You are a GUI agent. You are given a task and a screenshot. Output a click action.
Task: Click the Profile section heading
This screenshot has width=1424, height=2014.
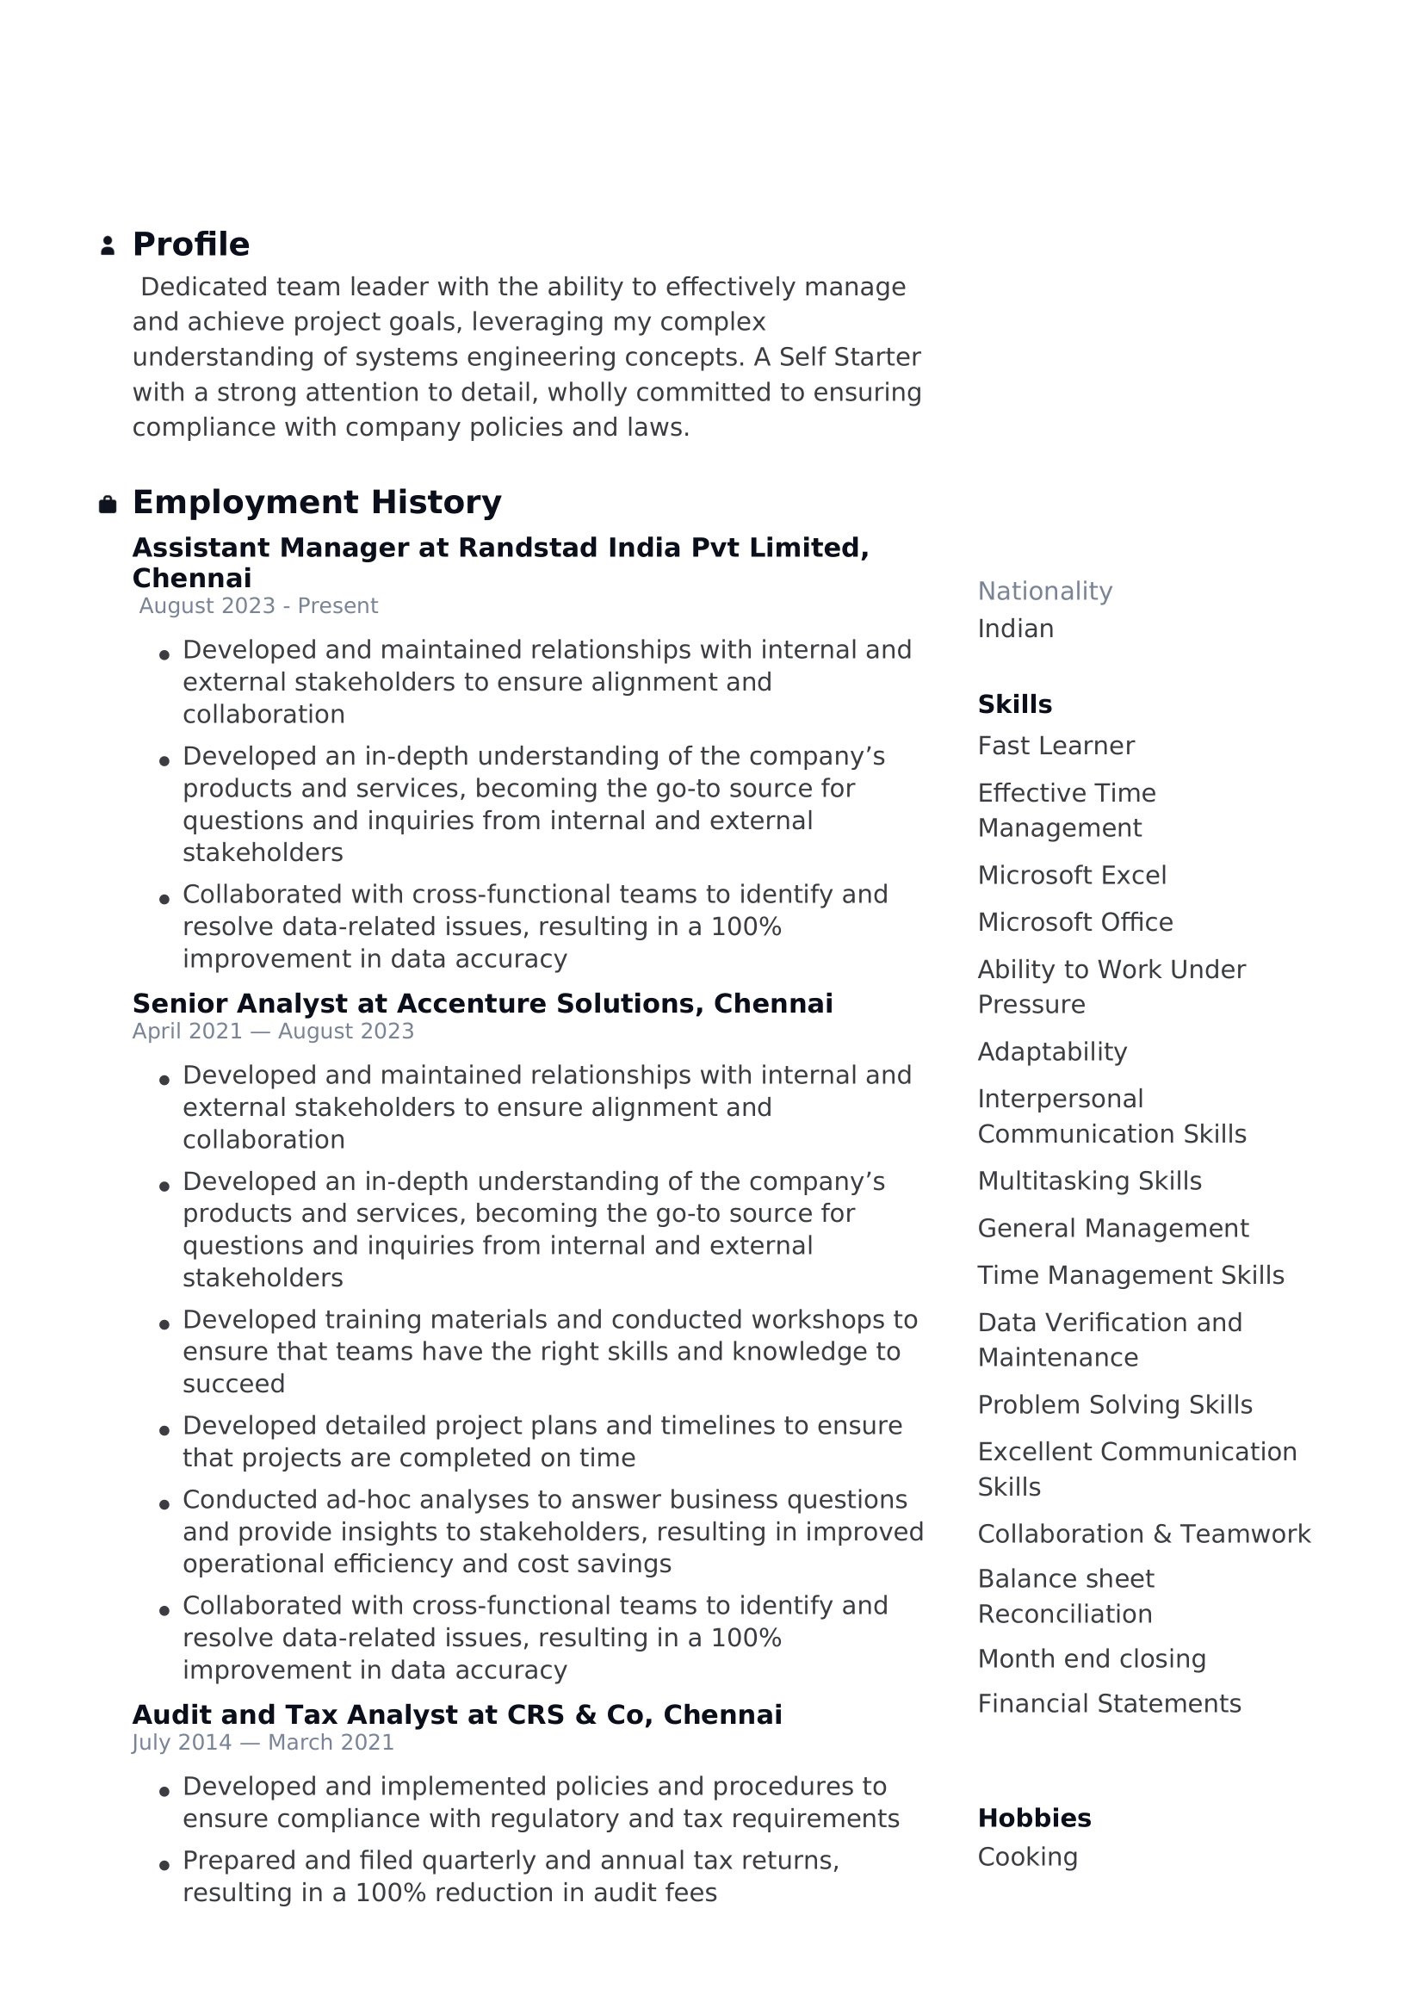pyautogui.click(x=190, y=244)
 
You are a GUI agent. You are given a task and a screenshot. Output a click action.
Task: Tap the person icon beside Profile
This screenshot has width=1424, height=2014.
pyautogui.click(x=107, y=245)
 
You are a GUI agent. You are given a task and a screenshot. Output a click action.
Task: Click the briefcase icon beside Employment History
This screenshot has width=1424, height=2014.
pyautogui.click(x=107, y=505)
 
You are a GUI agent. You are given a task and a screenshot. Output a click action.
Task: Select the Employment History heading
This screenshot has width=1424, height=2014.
pyautogui.click(x=317, y=502)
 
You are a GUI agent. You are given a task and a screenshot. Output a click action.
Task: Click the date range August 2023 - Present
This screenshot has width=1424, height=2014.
pyautogui.click(x=257, y=606)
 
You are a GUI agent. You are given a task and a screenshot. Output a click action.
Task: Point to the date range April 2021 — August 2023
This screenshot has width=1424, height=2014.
pyautogui.click(x=273, y=1032)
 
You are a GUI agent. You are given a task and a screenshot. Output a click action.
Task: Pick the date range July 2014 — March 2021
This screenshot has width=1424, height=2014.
pyautogui.click(x=263, y=1743)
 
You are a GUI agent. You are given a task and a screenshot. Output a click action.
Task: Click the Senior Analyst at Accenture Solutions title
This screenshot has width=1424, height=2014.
pyautogui.click(x=482, y=1003)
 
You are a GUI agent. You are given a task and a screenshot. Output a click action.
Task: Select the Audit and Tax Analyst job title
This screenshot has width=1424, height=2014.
pyautogui.click(x=457, y=1715)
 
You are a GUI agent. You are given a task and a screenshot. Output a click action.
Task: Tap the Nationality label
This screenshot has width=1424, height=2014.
pyautogui.click(x=1044, y=592)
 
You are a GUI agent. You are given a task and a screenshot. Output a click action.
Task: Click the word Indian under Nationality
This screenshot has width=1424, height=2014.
pyautogui.click(x=1015, y=629)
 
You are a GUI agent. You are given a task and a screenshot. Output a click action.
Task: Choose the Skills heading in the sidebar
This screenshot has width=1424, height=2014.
pyautogui.click(x=1014, y=704)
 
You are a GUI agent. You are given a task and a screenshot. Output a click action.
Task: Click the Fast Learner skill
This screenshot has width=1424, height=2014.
pyautogui.click(x=1056, y=746)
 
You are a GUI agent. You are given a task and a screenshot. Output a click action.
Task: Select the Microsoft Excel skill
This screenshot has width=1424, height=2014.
pyautogui.click(x=1072, y=876)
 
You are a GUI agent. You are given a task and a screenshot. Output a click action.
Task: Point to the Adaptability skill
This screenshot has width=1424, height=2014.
pyautogui.click(x=1052, y=1051)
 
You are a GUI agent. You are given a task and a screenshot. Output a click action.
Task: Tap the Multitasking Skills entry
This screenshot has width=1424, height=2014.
pyautogui.click(x=1089, y=1181)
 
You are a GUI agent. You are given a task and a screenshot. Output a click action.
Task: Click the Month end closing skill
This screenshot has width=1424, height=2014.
pyautogui.click(x=1092, y=1658)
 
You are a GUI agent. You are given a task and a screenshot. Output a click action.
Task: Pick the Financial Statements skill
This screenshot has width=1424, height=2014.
pyautogui.click(x=1109, y=1703)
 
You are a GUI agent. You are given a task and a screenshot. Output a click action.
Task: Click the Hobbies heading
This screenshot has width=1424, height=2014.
pyautogui.click(x=1034, y=1819)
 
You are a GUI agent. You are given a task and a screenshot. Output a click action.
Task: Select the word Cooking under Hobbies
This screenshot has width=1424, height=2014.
pyautogui.click(x=1028, y=1857)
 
